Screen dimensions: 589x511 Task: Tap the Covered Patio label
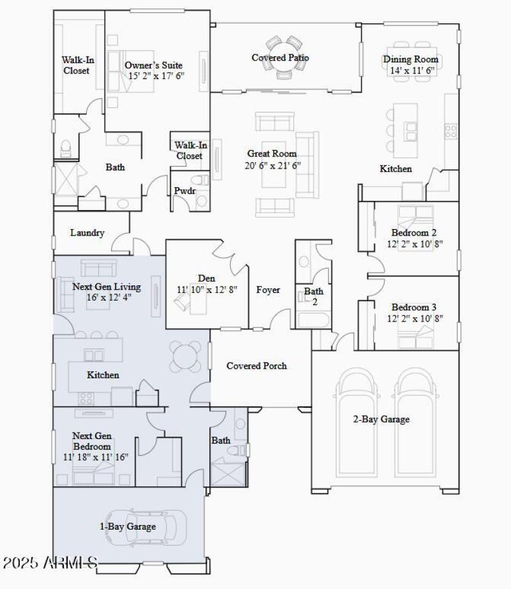[280, 58]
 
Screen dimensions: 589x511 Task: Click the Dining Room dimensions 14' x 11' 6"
[412, 70]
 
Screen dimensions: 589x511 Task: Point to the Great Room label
[272, 154]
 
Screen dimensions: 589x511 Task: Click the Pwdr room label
[185, 191]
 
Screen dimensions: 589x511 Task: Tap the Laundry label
[87, 233]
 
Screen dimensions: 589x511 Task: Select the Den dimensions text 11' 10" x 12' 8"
[207, 289]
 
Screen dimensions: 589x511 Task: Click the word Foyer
[268, 290]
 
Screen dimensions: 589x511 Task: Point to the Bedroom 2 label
[414, 233]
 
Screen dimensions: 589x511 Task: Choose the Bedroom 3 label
[414, 306]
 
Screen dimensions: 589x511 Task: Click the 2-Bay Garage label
[381, 419]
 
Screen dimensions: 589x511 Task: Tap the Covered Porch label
[257, 366]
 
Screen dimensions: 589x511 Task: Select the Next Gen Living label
[106, 287]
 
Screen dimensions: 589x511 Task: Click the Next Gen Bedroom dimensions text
[96, 457]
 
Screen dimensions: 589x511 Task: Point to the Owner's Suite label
[153, 65]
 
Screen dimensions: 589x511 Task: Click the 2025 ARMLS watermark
[50, 563]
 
